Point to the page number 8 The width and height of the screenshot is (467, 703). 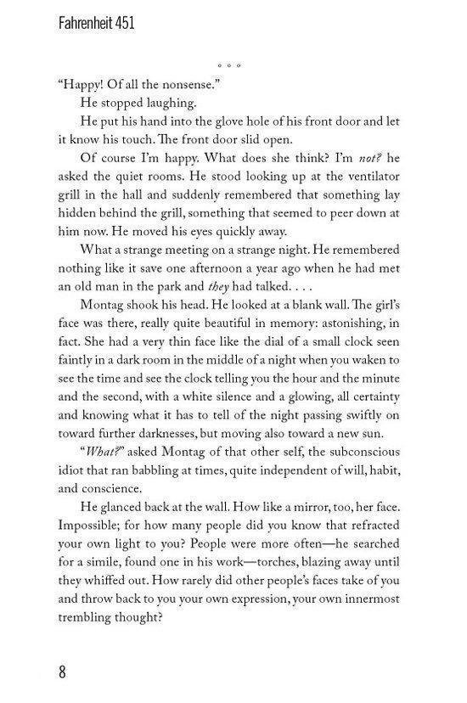click(x=62, y=672)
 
